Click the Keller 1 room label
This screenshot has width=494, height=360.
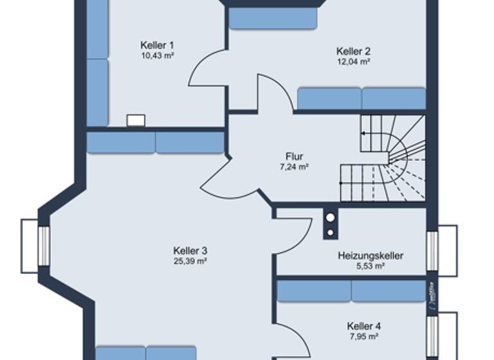(158, 45)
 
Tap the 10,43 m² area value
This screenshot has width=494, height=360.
(158, 56)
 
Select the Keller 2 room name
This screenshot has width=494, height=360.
(353, 51)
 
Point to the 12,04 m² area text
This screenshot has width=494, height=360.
(353, 62)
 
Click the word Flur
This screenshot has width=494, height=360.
(295, 156)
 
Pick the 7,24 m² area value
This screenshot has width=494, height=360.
(295, 167)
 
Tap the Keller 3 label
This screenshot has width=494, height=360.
(190, 250)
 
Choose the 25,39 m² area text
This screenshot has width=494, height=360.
(190, 261)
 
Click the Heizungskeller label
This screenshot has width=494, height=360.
(370, 256)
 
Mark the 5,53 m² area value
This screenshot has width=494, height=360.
(370, 266)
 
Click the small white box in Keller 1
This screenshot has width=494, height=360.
(136, 120)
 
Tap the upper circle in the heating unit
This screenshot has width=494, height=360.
(330, 218)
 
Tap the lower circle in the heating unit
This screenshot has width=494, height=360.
(330, 231)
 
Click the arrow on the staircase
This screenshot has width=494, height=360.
(364, 134)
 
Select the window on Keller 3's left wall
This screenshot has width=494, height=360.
(44, 245)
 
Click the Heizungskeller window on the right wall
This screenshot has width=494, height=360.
(433, 253)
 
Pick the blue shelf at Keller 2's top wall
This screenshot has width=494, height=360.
(273, 19)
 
